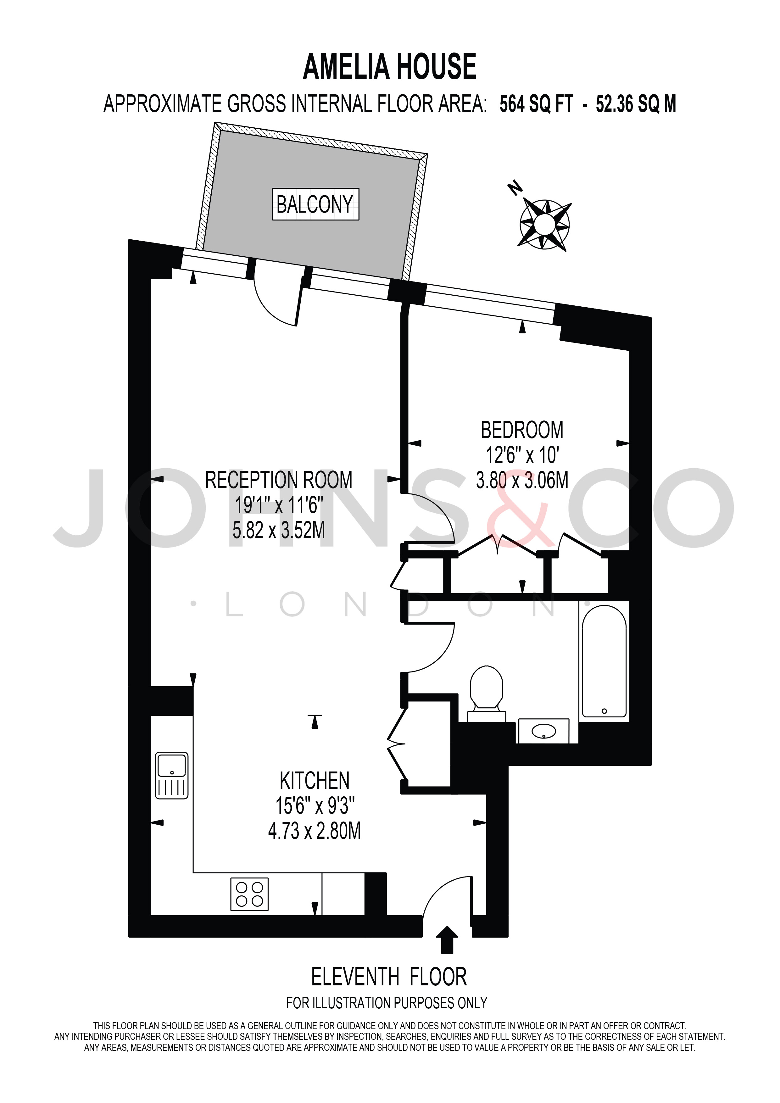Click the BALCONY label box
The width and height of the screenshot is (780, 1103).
[315, 204]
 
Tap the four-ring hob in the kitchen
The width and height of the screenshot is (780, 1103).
[250, 894]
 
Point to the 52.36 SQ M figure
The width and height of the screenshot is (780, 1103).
[636, 104]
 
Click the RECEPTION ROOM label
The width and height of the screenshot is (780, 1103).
[279, 480]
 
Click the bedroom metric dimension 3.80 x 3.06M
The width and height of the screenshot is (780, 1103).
[522, 480]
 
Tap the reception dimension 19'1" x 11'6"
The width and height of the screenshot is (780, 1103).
[279, 505]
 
